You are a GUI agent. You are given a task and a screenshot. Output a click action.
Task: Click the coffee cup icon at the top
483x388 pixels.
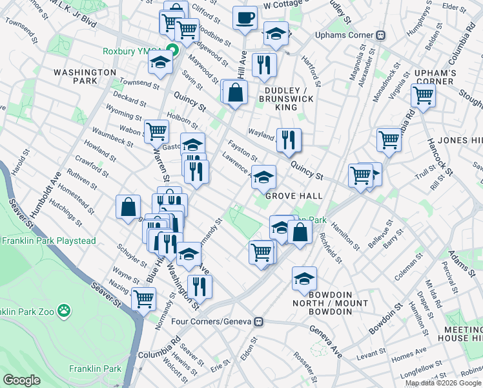point(245,19)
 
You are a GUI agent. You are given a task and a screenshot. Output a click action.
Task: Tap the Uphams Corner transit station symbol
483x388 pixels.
point(381,35)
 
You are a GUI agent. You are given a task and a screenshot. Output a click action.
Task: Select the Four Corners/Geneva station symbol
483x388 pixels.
point(259,321)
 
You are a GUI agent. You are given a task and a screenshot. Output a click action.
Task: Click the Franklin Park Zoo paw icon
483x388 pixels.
point(64,312)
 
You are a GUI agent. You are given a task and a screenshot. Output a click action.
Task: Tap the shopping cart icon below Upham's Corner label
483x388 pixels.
point(423,96)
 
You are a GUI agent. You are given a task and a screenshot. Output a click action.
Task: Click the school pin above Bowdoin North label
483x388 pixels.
point(304,279)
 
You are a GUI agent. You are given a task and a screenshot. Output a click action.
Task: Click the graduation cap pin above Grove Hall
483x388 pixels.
point(263,177)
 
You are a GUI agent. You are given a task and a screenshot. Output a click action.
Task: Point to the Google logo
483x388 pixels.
point(21,380)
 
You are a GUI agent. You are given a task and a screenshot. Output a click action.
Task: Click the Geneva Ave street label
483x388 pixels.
point(325,333)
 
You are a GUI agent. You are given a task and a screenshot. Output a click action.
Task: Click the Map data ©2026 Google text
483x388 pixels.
point(444,383)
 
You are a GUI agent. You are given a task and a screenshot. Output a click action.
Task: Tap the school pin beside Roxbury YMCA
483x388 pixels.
point(159,63)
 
